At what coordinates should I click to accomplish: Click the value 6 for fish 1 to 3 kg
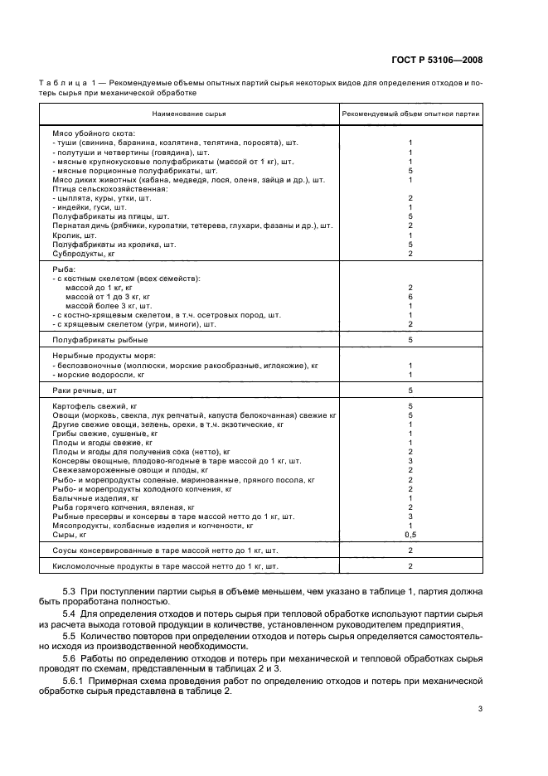click(410, 297)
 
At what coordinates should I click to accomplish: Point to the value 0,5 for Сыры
click(410, 536)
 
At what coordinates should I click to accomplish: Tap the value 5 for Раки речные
click(410, 389)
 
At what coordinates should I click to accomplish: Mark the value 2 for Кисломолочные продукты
click(410, 566)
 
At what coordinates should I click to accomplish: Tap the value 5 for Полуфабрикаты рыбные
click(410, 340)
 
